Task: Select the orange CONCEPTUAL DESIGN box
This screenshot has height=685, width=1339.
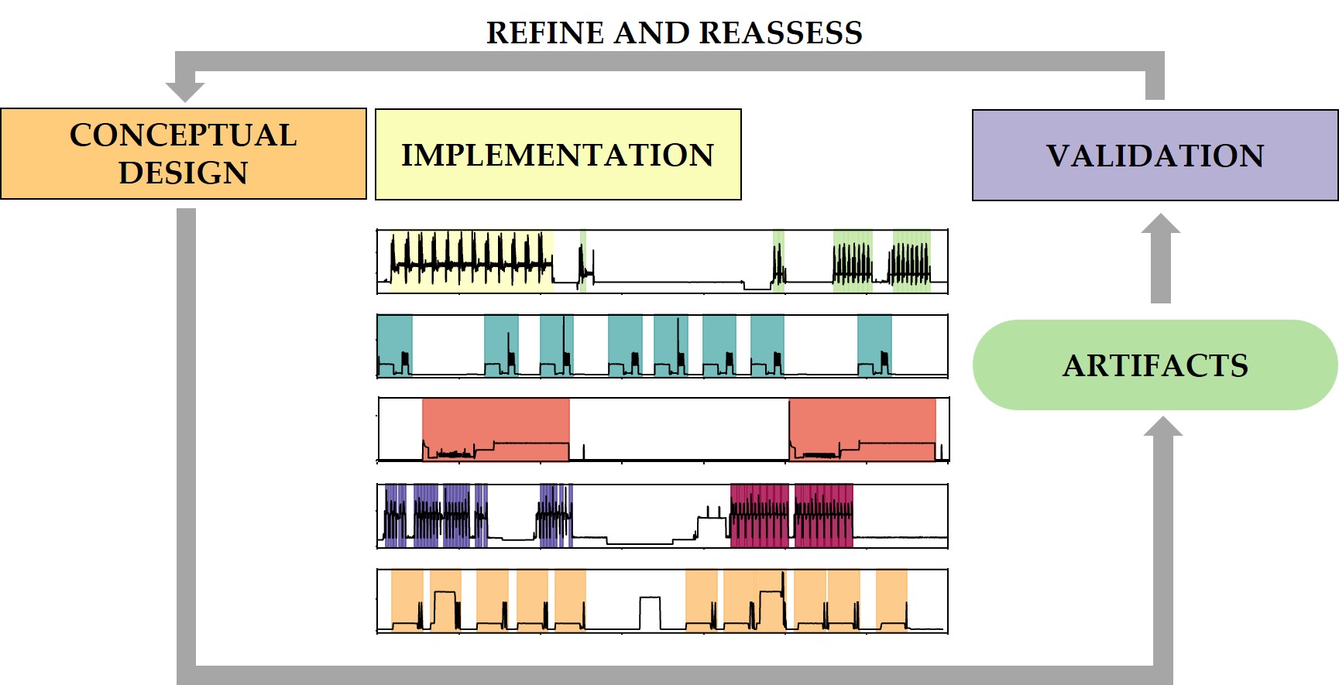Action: click(184, 154)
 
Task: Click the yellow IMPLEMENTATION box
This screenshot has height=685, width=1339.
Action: click(558, 155)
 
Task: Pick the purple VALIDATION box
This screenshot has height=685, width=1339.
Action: click(1155, 156)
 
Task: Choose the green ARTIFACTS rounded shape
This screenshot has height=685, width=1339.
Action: click(1155, 365)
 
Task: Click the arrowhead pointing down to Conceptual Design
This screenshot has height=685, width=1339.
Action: click(185, 90)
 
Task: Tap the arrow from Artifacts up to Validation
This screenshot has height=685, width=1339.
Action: click(1160, 259)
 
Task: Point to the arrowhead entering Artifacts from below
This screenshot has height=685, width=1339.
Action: click(1162, 427)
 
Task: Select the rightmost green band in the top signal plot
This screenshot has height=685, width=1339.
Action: click(912, 259)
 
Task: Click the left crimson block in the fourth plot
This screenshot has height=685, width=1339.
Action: click(760, 515)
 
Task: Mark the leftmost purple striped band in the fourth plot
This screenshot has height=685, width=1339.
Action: click(396, 515)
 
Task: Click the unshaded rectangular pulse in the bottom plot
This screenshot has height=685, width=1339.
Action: click(651, 612)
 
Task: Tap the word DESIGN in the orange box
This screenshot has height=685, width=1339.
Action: click(184, 173)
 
